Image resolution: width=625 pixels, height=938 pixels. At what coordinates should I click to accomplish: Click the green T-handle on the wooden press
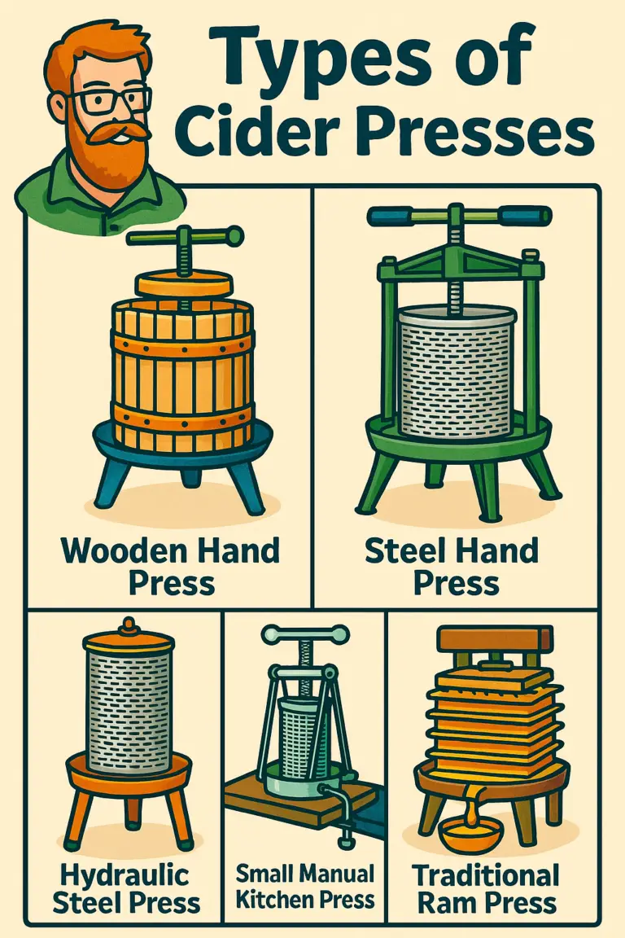pos(185,237)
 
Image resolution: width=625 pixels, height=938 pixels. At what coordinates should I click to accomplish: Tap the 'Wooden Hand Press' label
pos(171,567)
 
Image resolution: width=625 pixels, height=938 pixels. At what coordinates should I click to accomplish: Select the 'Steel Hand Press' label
pos(456,567)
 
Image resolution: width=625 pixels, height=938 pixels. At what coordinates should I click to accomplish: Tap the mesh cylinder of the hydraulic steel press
pos(129,700)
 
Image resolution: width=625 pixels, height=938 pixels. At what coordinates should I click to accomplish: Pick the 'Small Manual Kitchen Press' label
pos(305,887)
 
